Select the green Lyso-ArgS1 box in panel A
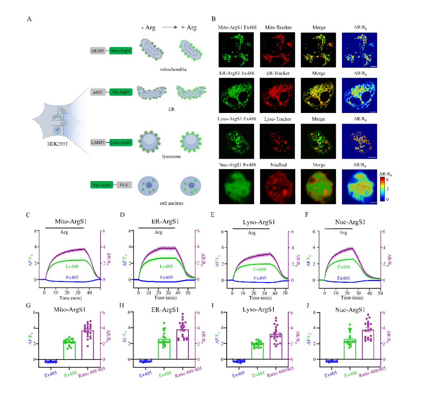120,142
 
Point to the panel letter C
28,215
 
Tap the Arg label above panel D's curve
159,232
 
